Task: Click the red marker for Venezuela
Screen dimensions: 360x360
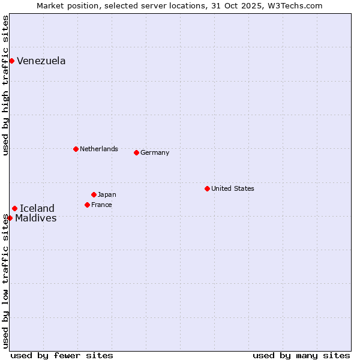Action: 11,61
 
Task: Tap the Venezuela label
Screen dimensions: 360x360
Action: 41,61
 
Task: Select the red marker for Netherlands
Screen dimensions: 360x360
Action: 76,149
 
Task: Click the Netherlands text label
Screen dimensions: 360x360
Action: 98,149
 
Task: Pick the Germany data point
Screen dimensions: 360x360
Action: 136,152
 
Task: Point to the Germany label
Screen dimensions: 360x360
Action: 155,152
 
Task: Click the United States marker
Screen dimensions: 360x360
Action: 207,188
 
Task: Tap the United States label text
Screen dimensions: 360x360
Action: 232,188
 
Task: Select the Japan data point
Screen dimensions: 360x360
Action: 94,194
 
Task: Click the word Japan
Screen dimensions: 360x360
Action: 107,194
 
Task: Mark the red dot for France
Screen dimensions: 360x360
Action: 87,205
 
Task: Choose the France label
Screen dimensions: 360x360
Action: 101,205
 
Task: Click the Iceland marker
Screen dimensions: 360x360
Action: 14,208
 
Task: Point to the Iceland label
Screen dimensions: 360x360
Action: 37,208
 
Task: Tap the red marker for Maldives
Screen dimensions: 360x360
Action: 10,218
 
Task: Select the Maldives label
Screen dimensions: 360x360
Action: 36,218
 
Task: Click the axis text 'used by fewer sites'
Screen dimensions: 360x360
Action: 62,355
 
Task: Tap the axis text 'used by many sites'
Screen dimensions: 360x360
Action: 301,355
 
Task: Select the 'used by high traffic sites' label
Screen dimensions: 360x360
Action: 5,85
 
